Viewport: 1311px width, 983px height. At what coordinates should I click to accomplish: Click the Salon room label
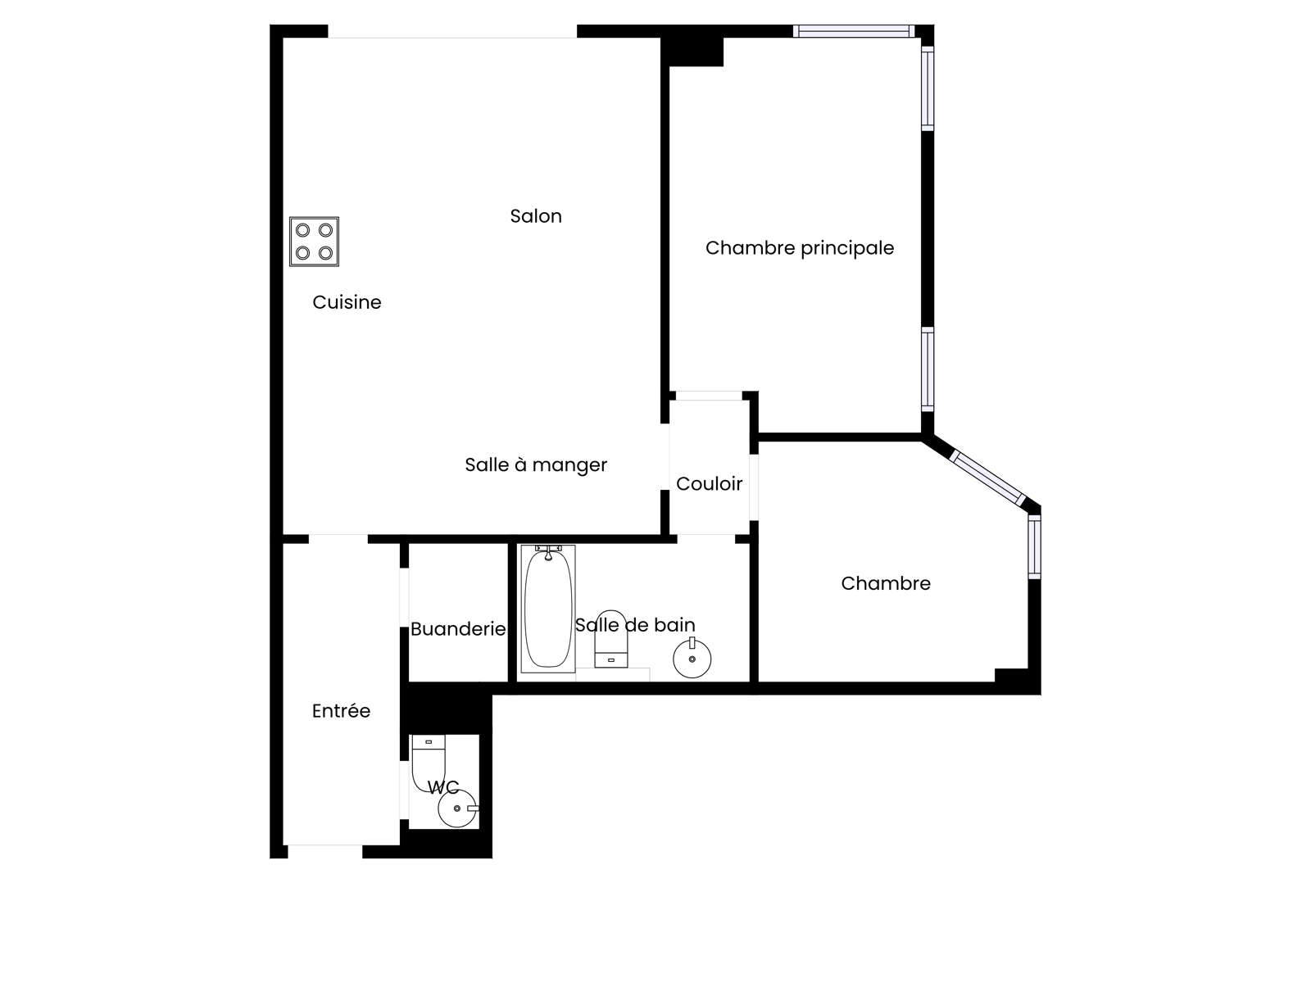pos(536,216)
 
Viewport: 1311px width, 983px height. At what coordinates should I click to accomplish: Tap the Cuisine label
pos(347,302)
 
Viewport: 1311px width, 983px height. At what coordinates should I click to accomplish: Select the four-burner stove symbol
pos(314,241)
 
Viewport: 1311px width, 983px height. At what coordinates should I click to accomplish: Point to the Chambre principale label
pos(799,248)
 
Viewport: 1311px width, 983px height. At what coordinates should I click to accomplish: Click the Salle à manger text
pos(536,465)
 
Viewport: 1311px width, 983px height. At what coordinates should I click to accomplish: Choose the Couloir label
pos(709,483)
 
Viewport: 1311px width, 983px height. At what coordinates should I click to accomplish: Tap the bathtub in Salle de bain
pos(547,609)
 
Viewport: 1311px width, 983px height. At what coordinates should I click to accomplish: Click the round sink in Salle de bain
pos(692,658)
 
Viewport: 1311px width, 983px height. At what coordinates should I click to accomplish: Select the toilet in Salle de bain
pos(611,639)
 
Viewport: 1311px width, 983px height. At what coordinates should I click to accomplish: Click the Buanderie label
pos(458,629)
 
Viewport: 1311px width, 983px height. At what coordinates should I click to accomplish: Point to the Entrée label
pos(341,711)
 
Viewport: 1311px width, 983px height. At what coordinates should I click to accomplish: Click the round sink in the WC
pos(457,809)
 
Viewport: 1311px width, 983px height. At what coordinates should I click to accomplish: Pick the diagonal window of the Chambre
pos(987,478)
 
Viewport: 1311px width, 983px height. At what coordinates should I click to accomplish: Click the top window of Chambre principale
pos(854,31)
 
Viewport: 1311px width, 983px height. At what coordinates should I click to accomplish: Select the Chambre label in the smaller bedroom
pos(886,584)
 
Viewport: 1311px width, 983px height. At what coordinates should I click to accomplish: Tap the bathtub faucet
pos(548,552)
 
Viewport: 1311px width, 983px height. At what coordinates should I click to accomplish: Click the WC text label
pos(443,787)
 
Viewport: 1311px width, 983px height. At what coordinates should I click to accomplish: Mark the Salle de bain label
pos(635,625)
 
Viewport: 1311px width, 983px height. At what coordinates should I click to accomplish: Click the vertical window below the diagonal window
pos(1035,547)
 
